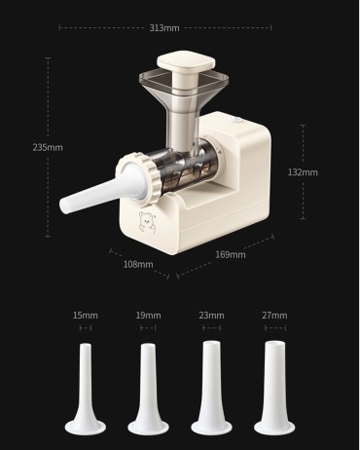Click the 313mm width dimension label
point(164,28)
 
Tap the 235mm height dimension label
point(48,147)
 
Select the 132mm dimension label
point(303,172)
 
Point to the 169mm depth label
point(231,254)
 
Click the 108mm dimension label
point(138,264)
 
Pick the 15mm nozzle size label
point(86,316)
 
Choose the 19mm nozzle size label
point(148,316)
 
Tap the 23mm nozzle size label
point(211,316)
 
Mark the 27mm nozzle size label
point(274,316)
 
